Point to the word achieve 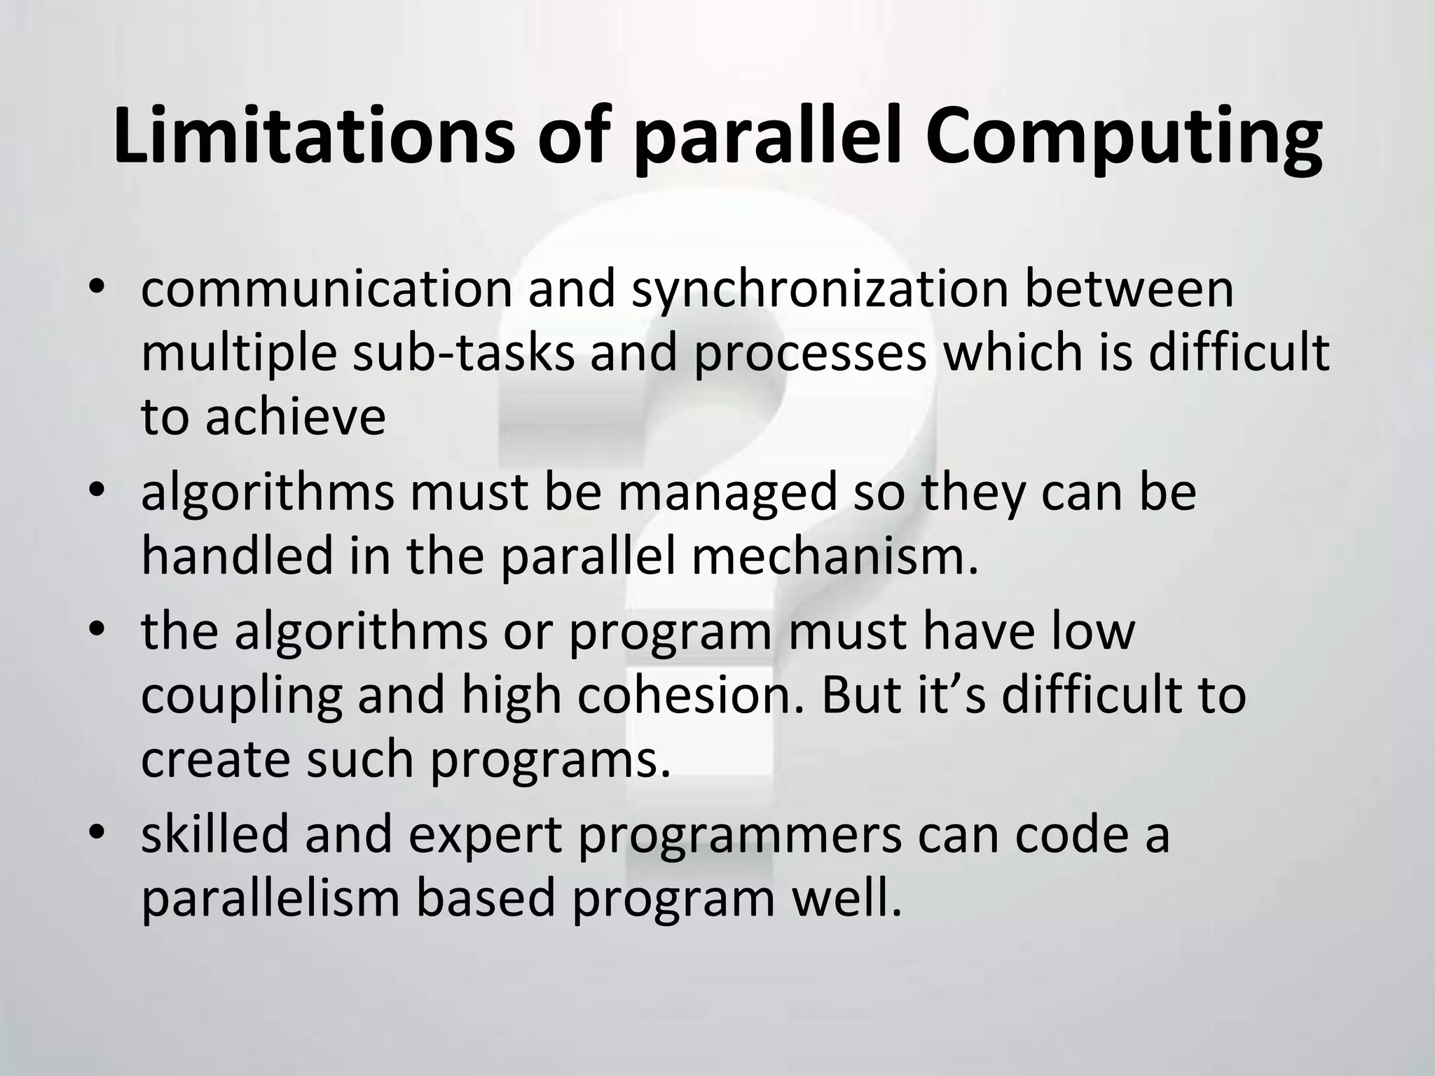(x=295, y=417)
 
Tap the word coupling (x=242, y=697)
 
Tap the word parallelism (x=270, y=899)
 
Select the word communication (x=327, y=290)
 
